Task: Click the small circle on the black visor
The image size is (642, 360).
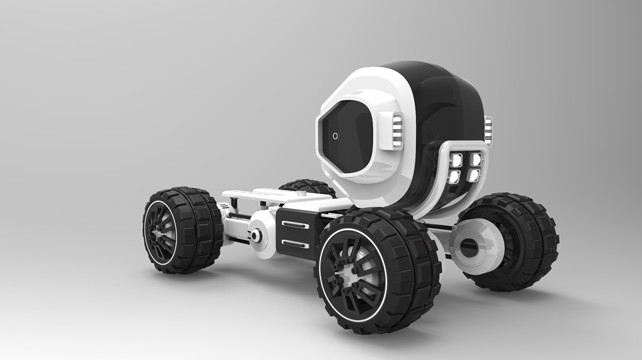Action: tap(335, 136)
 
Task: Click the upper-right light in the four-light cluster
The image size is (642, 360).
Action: tap(475, 159)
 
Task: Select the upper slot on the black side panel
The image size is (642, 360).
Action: tap(295, 224)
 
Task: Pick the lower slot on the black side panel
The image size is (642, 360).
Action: tap(295, 244)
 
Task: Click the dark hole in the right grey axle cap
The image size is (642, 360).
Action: tap(468, 245)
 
